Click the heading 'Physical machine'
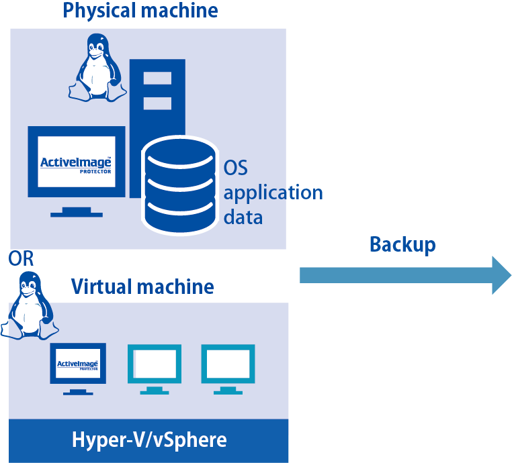coord(140,11)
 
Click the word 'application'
coord(273,193)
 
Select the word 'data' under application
coord(243,217)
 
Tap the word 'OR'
coord(21,259)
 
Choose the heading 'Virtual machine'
coord(142,287)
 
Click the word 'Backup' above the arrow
coord(402,244)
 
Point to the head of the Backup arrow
coord(501,275)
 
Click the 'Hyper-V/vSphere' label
coord(149,440)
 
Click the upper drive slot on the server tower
coord(157,79)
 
